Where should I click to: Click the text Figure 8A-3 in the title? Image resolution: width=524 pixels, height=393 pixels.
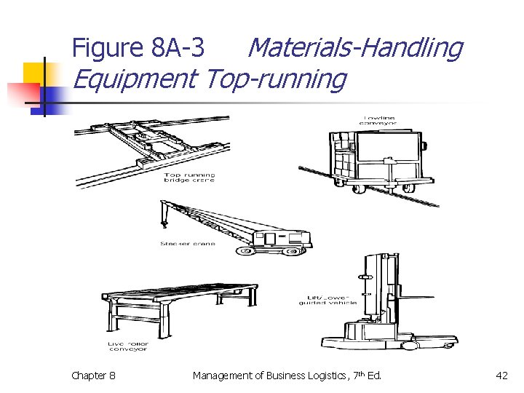point(138,48)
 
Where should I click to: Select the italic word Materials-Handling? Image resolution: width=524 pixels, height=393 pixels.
point(354,48)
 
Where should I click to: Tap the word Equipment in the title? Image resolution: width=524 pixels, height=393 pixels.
point(135,79)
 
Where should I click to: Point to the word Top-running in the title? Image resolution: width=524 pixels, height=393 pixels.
point(276,79)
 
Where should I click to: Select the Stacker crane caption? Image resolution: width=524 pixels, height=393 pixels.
point(188,244)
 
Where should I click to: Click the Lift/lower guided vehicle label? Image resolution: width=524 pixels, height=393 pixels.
point(327,299)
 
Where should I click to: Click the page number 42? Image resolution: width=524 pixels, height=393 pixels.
point(501,376)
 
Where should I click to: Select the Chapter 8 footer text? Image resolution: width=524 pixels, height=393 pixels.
point(92,376)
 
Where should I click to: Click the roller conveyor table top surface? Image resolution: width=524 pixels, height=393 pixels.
point(178,291)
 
